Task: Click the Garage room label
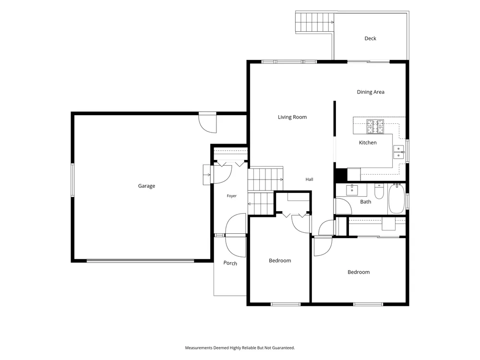click(146, 186)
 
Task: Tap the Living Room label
click(292, 117)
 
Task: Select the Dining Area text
click(371, 92)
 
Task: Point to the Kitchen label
click(368, 143)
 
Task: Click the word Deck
click(370, 38)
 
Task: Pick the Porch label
click(230, 263)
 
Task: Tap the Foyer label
click(231, 196)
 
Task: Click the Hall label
click(309, 180)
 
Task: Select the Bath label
click(365, 202)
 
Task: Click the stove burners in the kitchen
click(375, 127)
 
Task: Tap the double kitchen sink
click(398, 152)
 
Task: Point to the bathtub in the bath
click(396, 198)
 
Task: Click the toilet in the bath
click(379, 192)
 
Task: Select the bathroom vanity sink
click(352, 190)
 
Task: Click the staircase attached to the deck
click(314, 23)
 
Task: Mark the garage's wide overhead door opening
click(141, 261)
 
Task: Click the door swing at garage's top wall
click(207, 123)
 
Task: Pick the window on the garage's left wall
click(72, 180)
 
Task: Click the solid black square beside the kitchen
click(341, 175)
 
